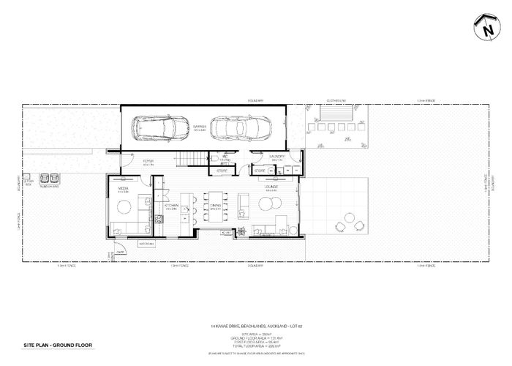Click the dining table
[216, 206]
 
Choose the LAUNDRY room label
[276, 157]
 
